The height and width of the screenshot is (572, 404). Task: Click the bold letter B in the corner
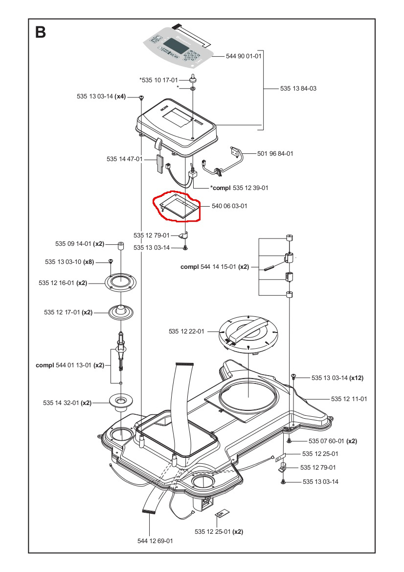[41, 32]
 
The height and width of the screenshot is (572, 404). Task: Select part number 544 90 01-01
[244, 56]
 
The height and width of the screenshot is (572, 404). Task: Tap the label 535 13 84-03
[298, 89]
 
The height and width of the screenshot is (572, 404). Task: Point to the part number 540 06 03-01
[229, 206]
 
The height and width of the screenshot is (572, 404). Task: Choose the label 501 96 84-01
[275, 154]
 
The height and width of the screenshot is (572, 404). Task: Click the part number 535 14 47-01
[124, 159]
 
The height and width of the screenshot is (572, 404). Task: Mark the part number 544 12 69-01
[155, 541]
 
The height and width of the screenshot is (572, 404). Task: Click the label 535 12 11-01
[349, 399]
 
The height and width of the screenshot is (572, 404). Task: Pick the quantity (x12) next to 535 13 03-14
[356, 378]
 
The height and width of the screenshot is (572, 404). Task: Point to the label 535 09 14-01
[73, 243]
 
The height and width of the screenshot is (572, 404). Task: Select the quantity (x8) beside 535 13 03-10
[89, 262]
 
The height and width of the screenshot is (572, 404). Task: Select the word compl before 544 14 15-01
[189, 267]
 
